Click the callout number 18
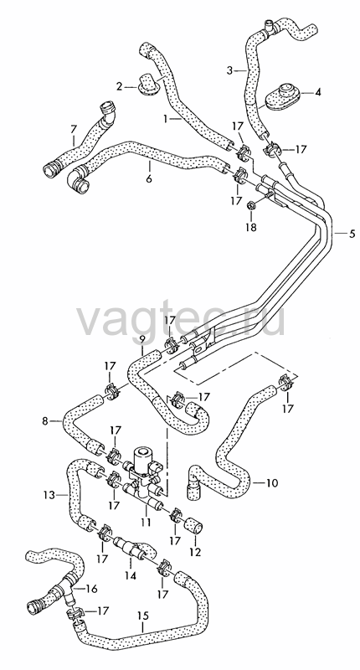pyautogui.click(x=250, y=227)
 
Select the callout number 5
pyautogui.click(x=352, y=234)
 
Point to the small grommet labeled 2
pyautogui.click(x=147, y=85)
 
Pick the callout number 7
pyautogui.click(x=74, y=128)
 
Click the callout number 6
pyautogui.click(x=149, y=178)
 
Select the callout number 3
pyautogui.click(x=229, y=70)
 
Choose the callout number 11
pyautogui.click(x=147, y=522)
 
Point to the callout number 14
pyautogui.click(x=131, y=575)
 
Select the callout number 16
pyautogui.click(x=92, y=589)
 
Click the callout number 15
pyautogui.click(x=143, y=616)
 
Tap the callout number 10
pyautogui.click(x=272, y=483)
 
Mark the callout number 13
pyautogui.click(x=49, y=495)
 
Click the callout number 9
pyautogui.click(x=142, y=339)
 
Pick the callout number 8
pyautogui.click(x=45, y=420)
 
